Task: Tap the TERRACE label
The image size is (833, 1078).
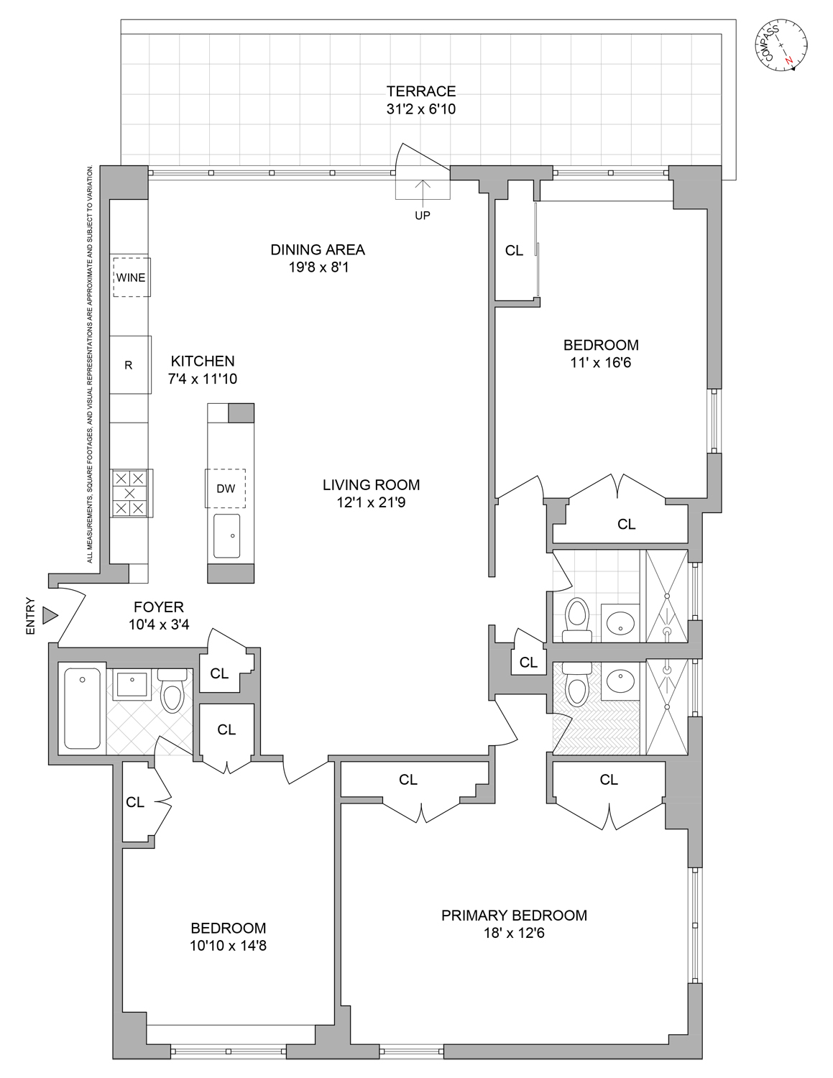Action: [x=421, y=91]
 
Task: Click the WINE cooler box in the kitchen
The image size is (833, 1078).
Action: [x=131, y=277]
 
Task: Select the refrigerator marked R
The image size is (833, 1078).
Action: [x=129, y=365]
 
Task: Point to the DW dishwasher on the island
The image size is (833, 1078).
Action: [x=226, y=489]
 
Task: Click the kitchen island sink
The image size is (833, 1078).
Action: [x=229, y=535]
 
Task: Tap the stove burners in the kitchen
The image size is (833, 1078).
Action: [x=130, y=494]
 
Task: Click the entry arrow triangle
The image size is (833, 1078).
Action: [x=49, y=615]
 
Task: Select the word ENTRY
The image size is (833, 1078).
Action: [x=30, y=616]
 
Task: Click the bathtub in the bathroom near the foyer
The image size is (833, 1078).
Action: [x=83, y=708]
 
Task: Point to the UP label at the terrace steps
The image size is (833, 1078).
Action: [x=423, y=215]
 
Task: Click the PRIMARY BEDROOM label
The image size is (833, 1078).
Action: [x=514, y=916]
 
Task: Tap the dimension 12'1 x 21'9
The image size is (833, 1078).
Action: [x=371, y=503]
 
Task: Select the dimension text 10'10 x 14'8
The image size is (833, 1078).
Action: [x=228, y=946]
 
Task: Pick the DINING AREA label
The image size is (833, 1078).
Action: [x=318, y=250]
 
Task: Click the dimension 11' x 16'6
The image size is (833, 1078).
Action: [x=600, y=363]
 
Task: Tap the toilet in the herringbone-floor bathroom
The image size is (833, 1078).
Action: [x=576, y=686]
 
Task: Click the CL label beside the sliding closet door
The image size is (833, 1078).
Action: [x=514, y=251]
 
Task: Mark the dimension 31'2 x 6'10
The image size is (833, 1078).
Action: [x=421, y=110]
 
